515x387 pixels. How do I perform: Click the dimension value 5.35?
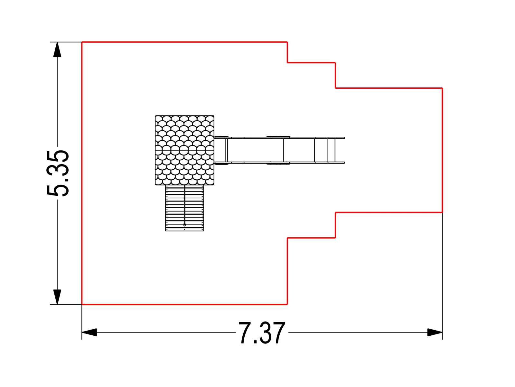click(x=58, y=173)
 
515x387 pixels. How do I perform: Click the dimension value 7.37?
click(x=262, y=333)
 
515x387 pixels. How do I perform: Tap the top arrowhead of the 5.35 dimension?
click(x=57, y=50)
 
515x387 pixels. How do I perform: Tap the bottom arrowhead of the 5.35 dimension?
click(x=57, y=297)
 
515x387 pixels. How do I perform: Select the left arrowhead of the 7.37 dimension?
click(x=89, y=332)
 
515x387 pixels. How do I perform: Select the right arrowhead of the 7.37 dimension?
click(x=435, y=332)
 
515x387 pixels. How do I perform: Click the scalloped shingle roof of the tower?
click(x=185, y=150)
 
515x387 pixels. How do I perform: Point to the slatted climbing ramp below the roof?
click(x=185, y=208)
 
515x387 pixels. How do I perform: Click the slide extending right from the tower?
click(x=279, y=150)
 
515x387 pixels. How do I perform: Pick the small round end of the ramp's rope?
click(x=185, y=225)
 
